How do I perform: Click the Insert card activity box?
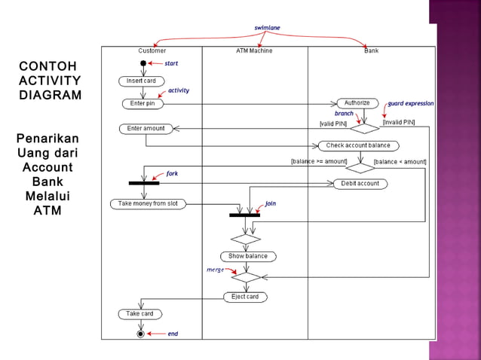click(141, 81)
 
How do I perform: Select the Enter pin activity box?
click(142, 103)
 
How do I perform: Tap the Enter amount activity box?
click(146, 129)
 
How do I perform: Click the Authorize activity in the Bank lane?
click(357, 103)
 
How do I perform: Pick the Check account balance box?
click(358, 145)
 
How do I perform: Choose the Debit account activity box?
click(360, 183)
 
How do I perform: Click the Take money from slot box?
click(148, 203)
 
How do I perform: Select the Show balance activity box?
click(248, 256)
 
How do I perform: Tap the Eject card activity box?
click(245, 297)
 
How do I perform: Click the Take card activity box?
click(140, 313)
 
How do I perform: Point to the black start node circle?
click(143, 63)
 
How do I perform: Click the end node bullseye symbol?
click(140, 333)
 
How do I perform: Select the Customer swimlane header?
click(152, 50)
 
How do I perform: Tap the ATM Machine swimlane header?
click(254, 50)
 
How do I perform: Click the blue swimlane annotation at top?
click(267, 28)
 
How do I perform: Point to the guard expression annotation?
click(411, 103)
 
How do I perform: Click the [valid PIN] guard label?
click(332, 123)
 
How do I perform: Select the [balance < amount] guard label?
click(400, 161)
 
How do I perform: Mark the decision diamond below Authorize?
click(364, 128)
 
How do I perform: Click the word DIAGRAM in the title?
click(51, 96)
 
